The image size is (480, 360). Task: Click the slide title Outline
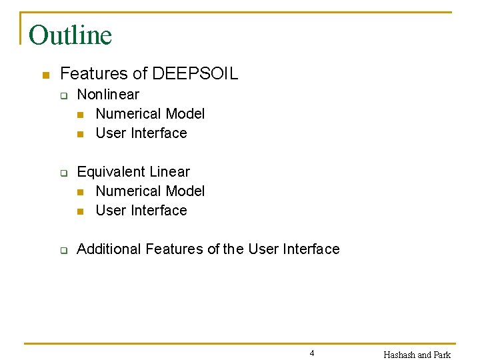coord(71,35)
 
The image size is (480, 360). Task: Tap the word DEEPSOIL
coord(195,74)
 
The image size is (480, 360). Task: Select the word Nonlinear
coord(108,95)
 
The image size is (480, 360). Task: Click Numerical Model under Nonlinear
coord(150,114)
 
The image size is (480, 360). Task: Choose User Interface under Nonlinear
coord(141,133)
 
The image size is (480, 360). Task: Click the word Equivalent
coord(111,172)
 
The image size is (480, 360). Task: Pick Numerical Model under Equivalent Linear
coord(150,191)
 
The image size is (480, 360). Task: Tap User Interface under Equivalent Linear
coord(141,211)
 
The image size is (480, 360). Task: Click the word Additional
coord(109,249)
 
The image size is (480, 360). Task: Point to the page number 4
coord(312,353)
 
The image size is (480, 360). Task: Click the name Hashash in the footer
coord(399,355)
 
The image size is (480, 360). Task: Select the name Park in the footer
coord(443,355)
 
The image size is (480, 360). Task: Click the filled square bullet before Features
coord(45,74)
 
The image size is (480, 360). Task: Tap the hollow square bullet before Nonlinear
coord(63,95)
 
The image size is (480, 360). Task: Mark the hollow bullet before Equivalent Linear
coord(63,173)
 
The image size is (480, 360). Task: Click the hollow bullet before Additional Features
coord(63,250)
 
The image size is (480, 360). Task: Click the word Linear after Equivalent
coord(170,172)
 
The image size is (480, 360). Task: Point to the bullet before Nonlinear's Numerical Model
coord(81,115)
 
